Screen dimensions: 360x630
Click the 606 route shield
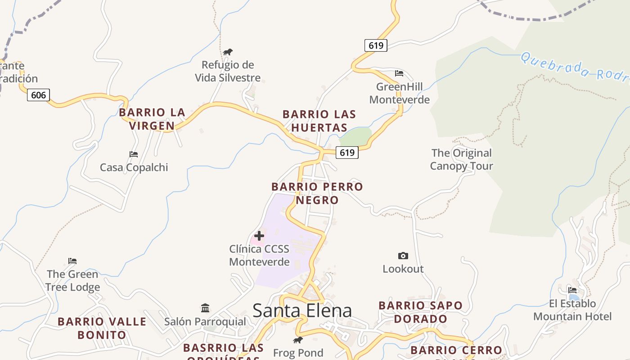38,95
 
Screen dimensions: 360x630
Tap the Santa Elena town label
302,310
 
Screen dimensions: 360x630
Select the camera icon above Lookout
403,256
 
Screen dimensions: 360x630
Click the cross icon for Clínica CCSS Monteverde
259,235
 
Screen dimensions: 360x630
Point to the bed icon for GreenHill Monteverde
399,73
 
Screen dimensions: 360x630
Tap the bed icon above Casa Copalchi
134,154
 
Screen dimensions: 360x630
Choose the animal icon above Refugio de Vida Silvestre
228,52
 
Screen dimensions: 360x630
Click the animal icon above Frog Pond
298,340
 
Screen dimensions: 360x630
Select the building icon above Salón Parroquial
205,308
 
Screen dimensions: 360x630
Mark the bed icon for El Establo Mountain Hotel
572,290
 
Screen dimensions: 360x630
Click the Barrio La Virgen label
152,119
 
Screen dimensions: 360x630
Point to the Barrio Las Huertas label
319,121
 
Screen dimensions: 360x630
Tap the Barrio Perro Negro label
317,193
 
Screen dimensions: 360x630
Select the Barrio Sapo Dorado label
420,312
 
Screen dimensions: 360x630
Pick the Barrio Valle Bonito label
102,328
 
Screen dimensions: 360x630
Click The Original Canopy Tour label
461,159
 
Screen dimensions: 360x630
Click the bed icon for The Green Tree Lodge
72,261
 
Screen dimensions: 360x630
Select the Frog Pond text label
298,353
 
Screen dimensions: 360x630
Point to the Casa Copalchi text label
134,167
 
